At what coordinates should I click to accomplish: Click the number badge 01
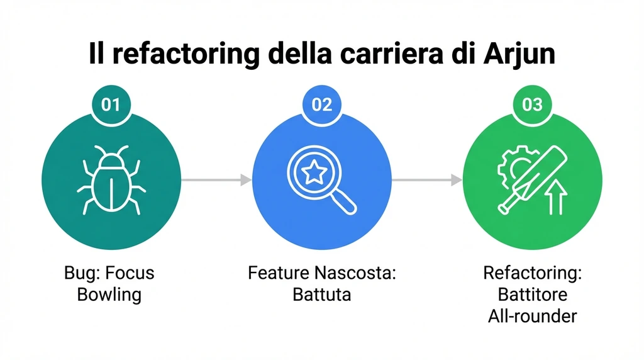pos(111,104)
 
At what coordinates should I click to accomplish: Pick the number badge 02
pos(321,104)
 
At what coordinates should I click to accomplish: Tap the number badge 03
pos(532,104)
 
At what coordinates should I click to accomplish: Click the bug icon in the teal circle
pos(111,180)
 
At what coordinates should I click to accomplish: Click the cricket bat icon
pos(526,179)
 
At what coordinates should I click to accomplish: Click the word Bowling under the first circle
pos(109,294)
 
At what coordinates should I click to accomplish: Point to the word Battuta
pos(321,294)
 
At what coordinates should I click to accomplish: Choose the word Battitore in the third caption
pos(532,294)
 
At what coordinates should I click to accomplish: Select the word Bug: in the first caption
pos(81,274)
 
